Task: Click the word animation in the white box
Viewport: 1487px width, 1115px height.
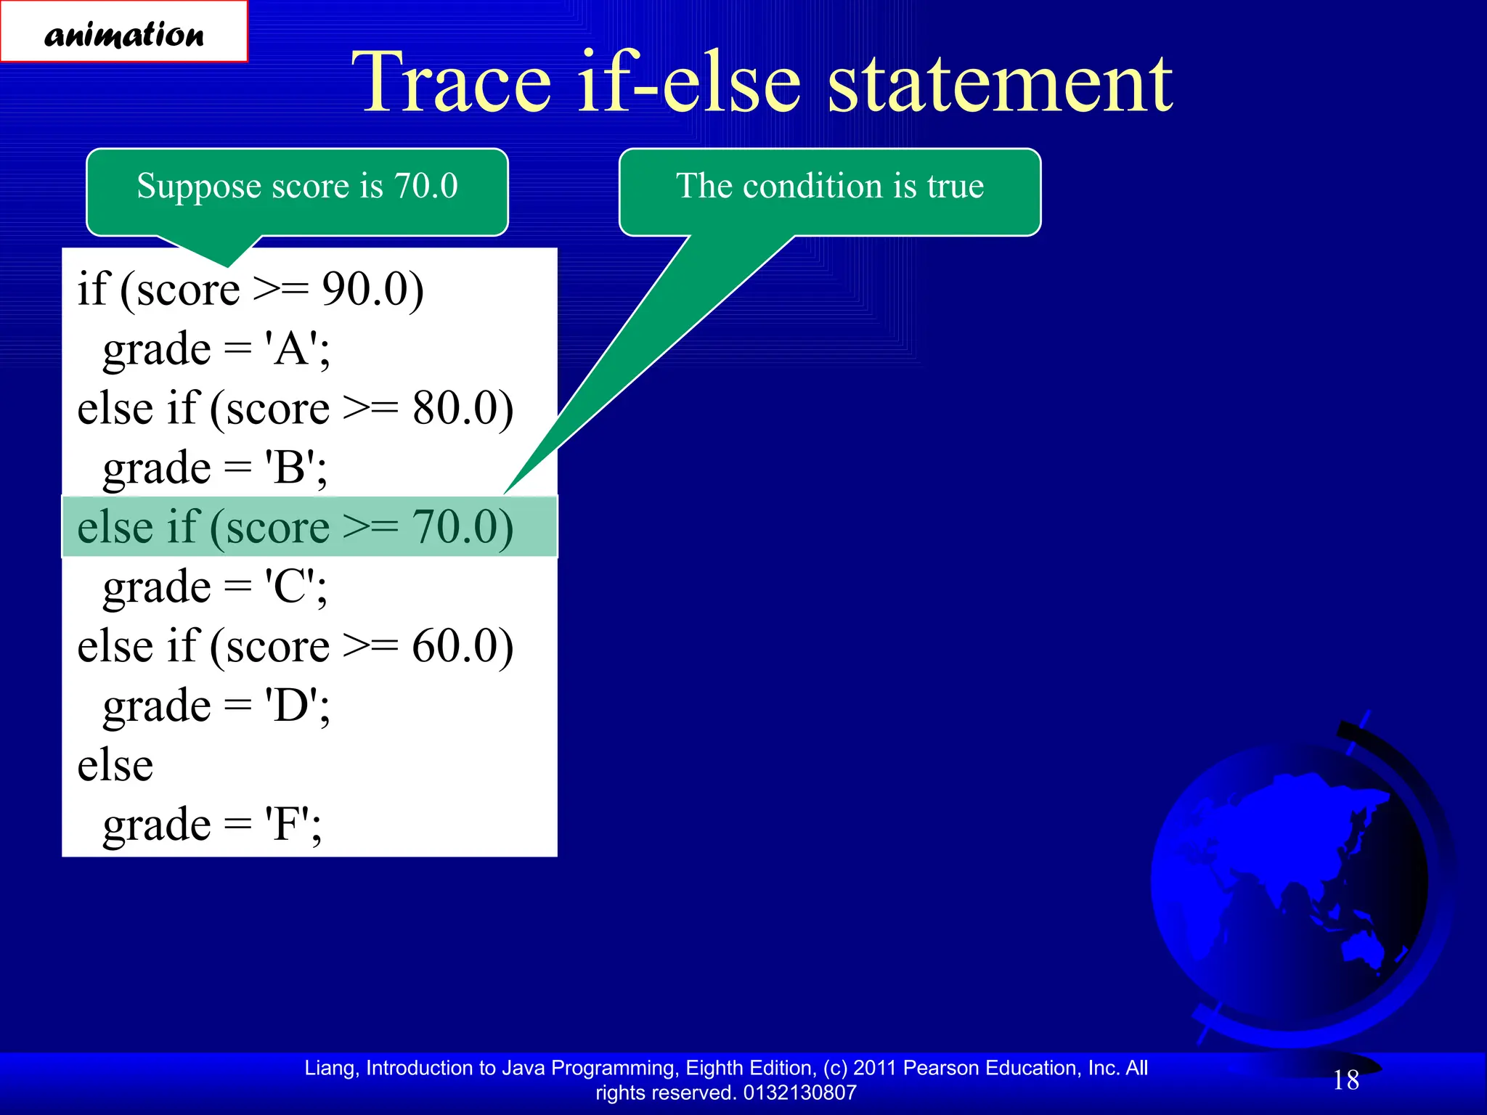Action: tap(123, 34)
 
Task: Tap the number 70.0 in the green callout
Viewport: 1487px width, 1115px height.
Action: tap(426, 186)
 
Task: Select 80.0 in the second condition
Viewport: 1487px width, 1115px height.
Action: tap(463, 408)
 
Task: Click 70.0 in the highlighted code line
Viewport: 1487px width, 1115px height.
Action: tap(463, 527)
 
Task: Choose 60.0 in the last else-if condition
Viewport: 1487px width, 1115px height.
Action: tap(463, 646)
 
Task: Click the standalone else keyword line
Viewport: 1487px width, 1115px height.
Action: tap(115, 765)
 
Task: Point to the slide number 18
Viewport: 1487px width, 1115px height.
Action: tap(1345, 1080)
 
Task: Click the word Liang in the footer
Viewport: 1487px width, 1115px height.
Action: tap(330, 1068)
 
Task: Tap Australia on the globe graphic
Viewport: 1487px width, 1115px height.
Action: tap(1365, 947)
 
